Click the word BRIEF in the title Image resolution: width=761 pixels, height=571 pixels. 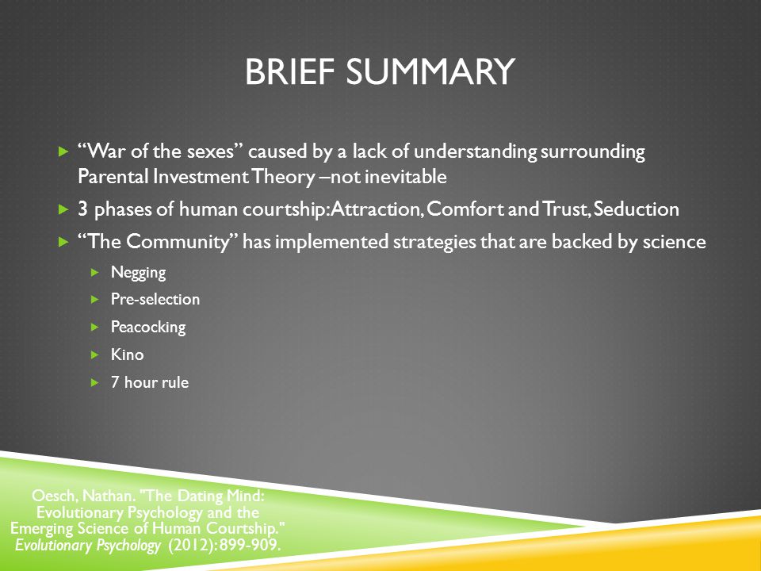[290, 72]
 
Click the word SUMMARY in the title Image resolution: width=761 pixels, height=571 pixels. [430, 72]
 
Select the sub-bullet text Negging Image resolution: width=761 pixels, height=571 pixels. [138, 273]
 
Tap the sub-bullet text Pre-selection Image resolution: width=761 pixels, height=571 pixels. [155, 299]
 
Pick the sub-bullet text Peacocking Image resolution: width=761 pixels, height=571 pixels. [148, 328]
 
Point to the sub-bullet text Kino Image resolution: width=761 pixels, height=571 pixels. [127, 354]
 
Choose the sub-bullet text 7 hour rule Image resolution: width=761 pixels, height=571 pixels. [150, 382]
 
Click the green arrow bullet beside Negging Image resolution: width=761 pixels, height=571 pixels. [94, 272]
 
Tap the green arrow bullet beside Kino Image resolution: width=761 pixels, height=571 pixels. [94, 355]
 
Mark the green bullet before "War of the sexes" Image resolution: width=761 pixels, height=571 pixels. [63, 152]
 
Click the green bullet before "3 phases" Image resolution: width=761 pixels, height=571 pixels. [63, 209]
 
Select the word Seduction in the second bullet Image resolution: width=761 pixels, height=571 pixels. [637, 209]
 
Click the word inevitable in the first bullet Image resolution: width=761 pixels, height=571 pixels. [405, 176]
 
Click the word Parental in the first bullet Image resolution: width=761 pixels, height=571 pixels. [113, 176]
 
